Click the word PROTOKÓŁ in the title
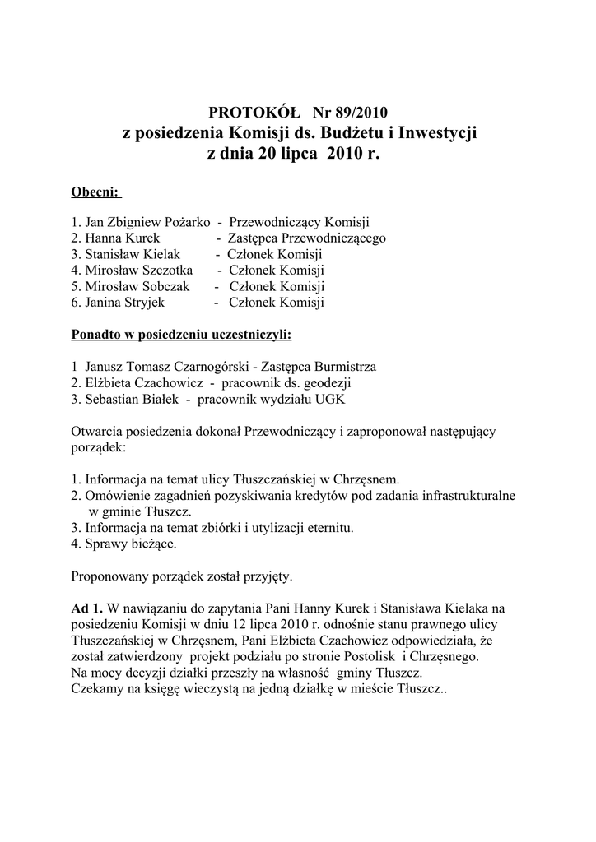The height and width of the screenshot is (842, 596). (x=250, y=113)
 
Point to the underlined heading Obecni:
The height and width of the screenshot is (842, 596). (x=96, y=192)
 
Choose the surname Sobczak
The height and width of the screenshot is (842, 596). (x=162, y=286)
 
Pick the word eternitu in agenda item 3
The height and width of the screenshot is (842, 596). (x=328, y=528)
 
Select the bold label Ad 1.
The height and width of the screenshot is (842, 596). (x=87, y=608)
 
